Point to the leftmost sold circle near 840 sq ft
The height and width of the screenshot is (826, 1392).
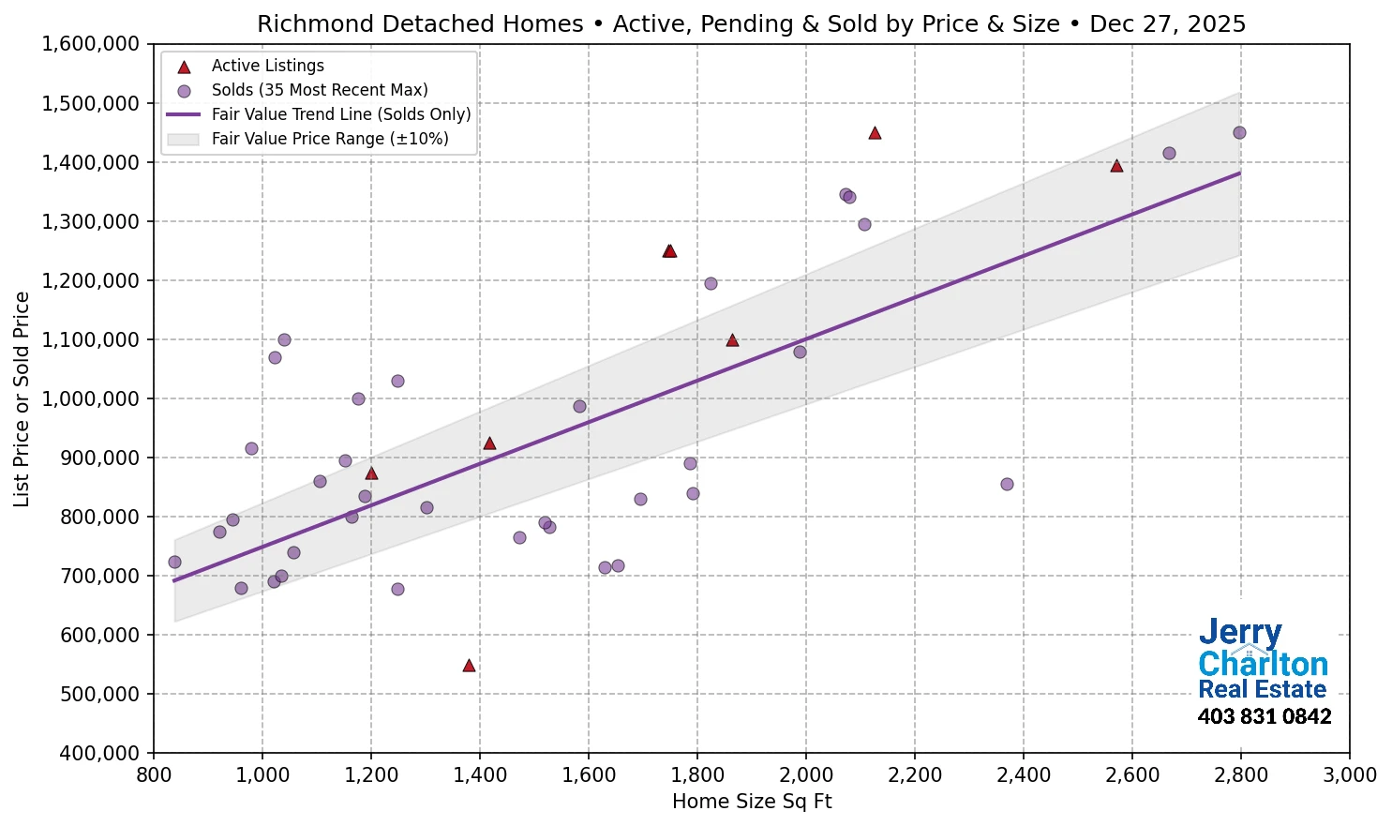point(174,563)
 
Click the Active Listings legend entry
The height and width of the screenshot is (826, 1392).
point(267,66)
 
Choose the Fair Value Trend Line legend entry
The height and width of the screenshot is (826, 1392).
point(340,114)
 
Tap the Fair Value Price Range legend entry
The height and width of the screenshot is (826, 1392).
point(329,139)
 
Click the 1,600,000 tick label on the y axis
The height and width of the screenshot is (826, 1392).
point(90,44)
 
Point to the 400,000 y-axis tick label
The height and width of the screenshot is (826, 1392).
point(97,753)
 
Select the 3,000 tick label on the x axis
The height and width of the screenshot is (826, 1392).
point(1349,775)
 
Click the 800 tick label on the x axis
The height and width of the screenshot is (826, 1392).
point(154,775)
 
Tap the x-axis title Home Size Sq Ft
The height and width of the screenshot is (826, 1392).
point(752,802)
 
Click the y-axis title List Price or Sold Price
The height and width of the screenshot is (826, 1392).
point(22,399)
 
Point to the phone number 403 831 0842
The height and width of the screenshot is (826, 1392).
point(1264,717)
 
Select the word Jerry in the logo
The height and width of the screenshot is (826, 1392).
point(1240,633)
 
